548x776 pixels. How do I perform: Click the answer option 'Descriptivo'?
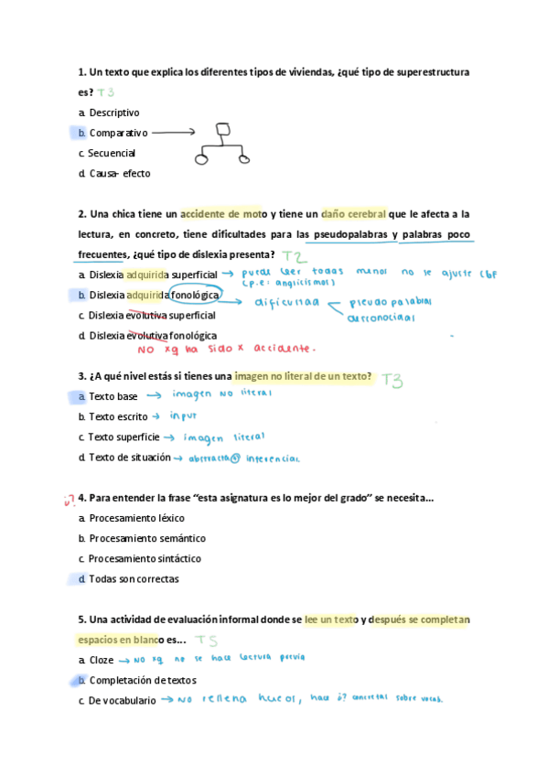coord(114,113)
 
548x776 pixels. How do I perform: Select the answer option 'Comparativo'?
coord(118,134)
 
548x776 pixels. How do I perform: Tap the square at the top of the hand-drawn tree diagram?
coord(221,130)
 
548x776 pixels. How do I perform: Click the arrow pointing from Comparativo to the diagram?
coord(174,133)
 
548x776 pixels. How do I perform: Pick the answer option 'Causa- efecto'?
coord(120,173)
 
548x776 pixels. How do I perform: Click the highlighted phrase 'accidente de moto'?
coord(223,214)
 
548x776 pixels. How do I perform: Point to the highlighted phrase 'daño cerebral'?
coord(353,214)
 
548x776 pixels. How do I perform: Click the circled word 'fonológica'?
coord(195,295)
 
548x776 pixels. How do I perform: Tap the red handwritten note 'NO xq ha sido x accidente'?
coord(225,349)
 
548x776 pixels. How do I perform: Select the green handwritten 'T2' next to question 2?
coord(294,256)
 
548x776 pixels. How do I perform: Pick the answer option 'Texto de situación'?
coord(129,457)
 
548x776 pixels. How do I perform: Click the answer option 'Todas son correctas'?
coord(134,578)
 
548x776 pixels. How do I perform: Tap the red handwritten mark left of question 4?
coord(69,499)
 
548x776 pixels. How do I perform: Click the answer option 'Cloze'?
coord(102,659)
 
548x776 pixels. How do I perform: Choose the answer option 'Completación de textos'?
coord(143,680)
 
